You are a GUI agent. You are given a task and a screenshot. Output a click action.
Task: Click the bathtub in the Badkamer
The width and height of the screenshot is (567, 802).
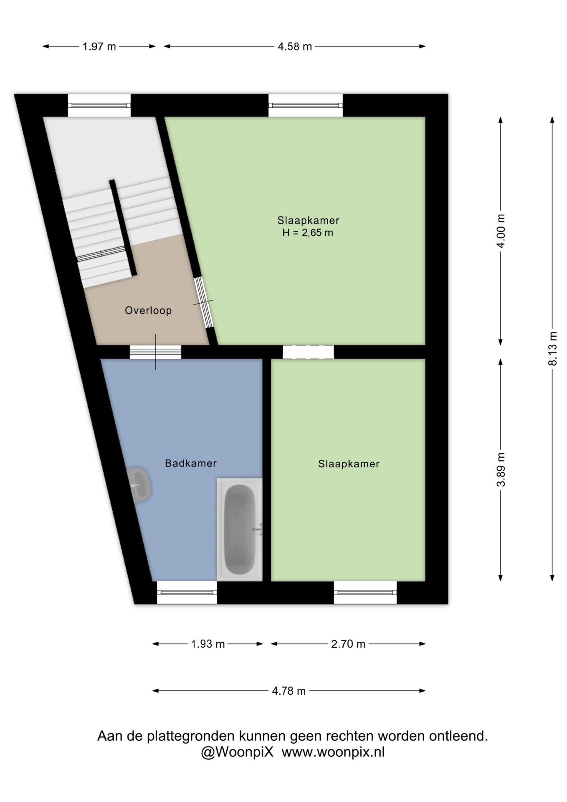coord(240,529)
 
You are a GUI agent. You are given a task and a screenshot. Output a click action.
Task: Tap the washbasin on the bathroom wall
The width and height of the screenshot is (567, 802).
coord(139,485)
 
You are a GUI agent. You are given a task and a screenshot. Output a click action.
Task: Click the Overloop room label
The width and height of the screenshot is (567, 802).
coord(148,310)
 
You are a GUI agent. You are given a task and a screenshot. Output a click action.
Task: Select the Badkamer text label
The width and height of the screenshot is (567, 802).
coord(191,463)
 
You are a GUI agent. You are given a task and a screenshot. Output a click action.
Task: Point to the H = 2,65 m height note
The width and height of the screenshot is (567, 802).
coord(308,233)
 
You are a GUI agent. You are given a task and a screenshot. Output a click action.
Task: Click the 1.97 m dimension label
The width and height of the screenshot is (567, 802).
coord(99,46)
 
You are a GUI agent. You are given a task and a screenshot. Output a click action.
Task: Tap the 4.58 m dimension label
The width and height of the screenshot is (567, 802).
coord(295,46)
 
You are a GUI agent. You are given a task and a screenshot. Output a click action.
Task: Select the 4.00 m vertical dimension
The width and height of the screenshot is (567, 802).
coord(501,231)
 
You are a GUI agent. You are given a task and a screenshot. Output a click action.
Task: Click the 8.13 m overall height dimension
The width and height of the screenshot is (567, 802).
coord(552,349)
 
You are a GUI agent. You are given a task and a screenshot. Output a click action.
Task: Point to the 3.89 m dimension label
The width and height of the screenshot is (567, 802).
coord(501,470)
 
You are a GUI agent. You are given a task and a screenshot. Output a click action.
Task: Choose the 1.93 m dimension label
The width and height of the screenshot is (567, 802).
coord(208,644)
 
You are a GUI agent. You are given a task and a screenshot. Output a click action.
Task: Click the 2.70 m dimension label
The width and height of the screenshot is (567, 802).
coord(348,644)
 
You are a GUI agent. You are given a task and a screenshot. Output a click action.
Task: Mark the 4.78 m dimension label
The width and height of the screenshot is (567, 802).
coord(289,691)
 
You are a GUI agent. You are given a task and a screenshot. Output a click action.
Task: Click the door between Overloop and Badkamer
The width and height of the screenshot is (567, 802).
coord(155,352)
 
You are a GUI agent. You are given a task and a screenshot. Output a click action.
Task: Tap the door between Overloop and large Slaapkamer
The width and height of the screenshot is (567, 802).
coord(204,302)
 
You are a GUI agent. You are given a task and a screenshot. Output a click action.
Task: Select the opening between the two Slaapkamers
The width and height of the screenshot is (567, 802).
coord(308,352)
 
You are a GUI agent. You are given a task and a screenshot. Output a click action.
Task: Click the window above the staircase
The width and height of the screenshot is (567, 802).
coord(99,105)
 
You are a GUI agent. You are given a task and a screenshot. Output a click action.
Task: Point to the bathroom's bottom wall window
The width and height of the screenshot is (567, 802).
coord(187,592)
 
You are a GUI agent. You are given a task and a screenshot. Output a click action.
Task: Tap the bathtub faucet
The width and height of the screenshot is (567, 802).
coord(258,530)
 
